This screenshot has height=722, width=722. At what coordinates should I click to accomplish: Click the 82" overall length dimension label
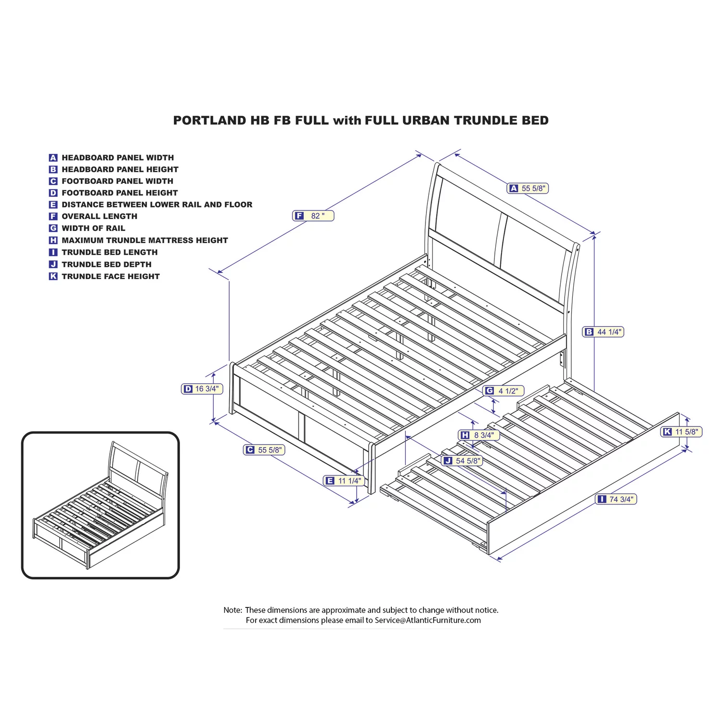(313, 216)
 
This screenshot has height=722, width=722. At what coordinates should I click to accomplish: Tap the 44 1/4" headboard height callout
(604, 332)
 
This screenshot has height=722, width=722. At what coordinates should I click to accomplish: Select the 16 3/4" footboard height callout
(202, 388)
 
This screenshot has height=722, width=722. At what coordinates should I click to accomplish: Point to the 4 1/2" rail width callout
(503, 391)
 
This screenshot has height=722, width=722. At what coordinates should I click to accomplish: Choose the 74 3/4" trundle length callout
(616, 499)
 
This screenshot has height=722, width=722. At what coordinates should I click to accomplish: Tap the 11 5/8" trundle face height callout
(682, 432)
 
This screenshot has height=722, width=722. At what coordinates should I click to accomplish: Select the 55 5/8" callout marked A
(528, 188)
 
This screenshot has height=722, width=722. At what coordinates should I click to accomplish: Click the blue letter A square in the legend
(53, 158)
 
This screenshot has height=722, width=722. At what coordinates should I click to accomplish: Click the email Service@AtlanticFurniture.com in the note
(428, 620)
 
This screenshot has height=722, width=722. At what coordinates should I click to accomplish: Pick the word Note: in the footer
(233, 610)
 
